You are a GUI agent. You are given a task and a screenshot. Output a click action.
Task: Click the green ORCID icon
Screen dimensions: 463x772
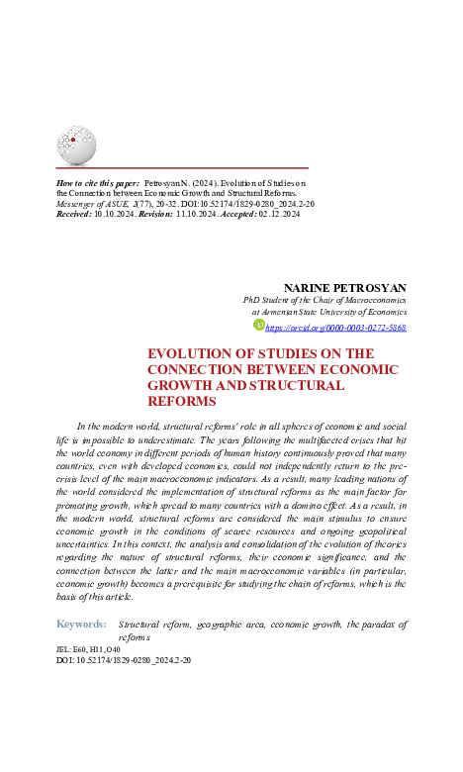[260, 325]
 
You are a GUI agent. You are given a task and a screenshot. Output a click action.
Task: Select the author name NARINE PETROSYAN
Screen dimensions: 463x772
[344, 287]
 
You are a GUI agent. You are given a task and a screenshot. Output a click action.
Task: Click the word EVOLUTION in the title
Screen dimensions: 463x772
[190, 353]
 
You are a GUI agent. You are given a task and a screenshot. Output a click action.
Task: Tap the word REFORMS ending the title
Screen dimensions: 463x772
[181, 401]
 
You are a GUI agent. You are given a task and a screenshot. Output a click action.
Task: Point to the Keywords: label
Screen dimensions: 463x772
[81, 625]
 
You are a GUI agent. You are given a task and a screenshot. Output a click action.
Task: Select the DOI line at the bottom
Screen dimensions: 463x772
[124, 659]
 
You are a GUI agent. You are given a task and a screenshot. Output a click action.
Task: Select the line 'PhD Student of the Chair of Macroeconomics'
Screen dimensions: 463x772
[324, 300]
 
